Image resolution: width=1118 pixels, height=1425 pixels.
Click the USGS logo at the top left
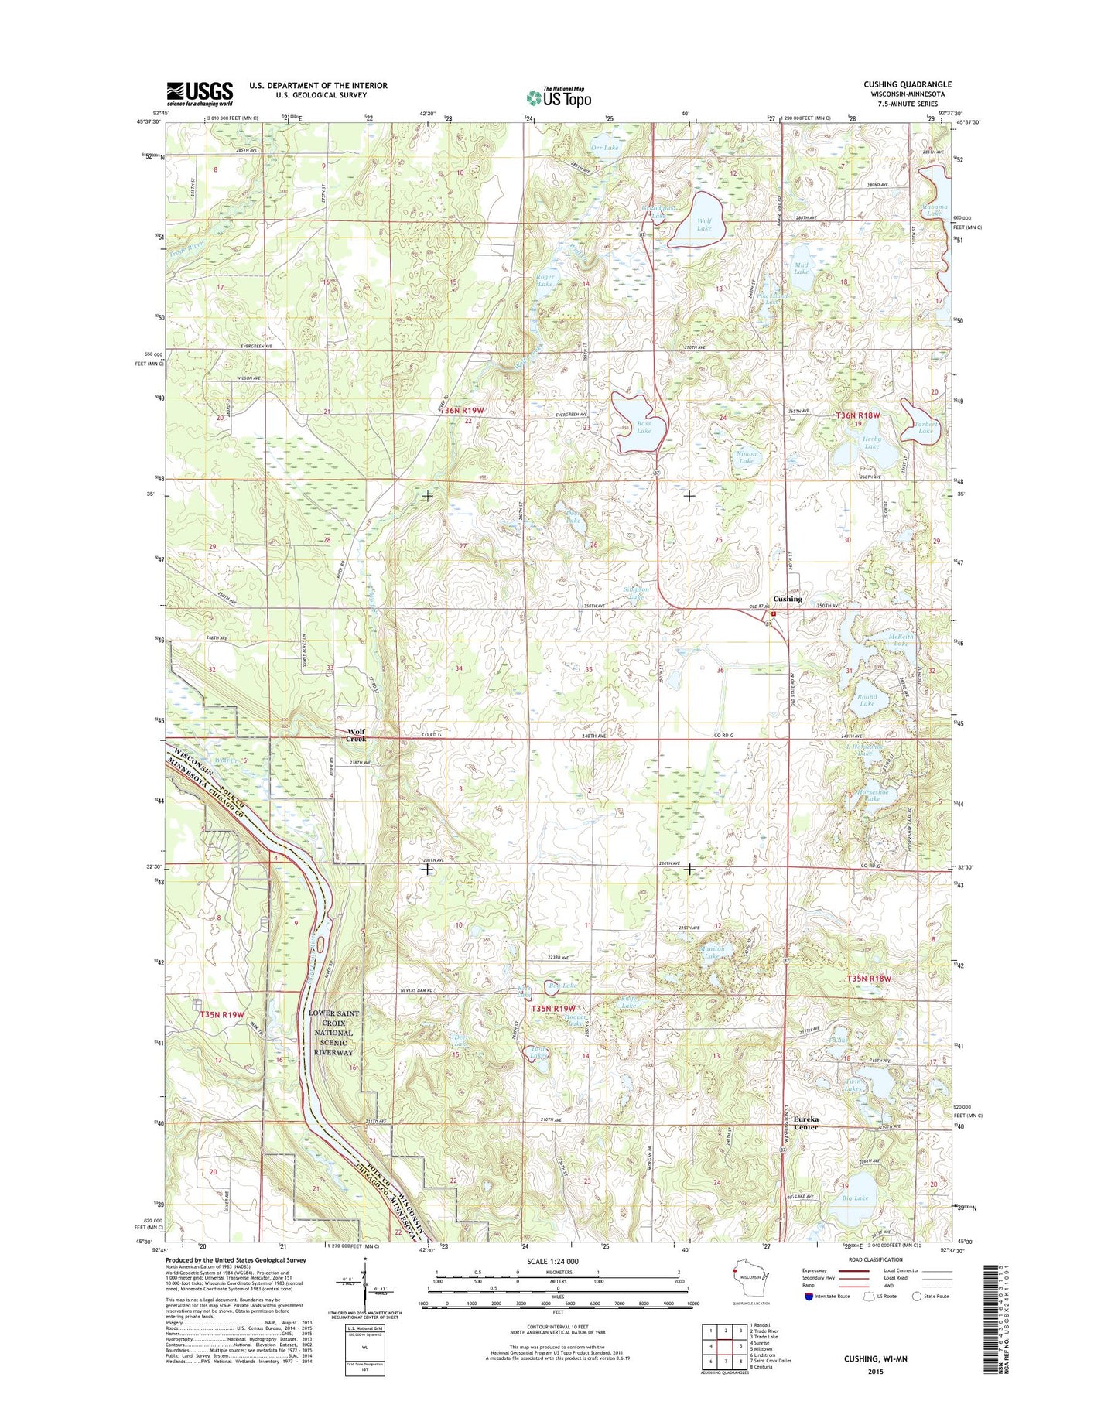[199, 94]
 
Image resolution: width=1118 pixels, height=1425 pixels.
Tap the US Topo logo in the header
[559, 97]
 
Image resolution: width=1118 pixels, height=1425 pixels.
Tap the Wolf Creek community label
[357, 735]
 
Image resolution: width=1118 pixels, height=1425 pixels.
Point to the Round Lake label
[867, 700]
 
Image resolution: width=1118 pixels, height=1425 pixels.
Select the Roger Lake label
[545, 281]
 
